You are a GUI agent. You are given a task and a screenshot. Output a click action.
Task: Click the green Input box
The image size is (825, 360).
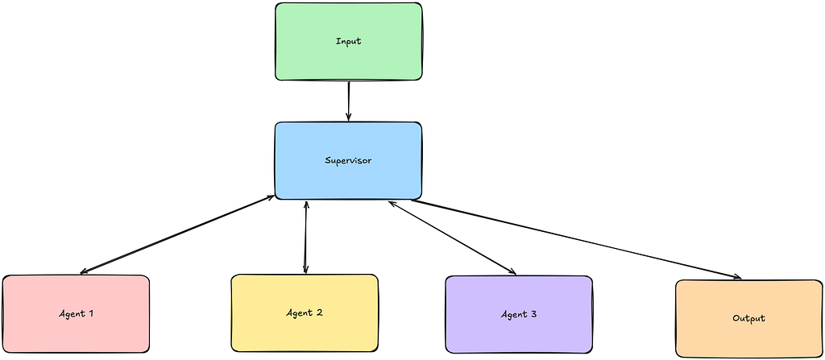coord(348,42)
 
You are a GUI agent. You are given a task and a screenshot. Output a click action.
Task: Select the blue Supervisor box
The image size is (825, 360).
coord(348,160)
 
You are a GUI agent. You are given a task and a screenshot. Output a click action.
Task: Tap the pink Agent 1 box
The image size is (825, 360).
coord(77,313)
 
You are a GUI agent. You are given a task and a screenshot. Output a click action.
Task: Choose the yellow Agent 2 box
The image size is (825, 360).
coord(305,312)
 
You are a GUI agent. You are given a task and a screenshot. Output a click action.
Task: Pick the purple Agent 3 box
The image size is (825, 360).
coord(519,315)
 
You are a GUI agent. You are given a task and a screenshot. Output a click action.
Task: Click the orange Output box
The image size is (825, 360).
coord(748,318)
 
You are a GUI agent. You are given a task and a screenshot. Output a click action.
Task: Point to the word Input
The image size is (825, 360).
coord(348,42)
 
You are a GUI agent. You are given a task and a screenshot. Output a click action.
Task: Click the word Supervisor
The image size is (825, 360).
coord(348,160)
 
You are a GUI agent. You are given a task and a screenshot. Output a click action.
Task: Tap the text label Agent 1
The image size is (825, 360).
coord(77,313)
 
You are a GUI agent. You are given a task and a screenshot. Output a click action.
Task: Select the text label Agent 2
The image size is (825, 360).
coord(305,312)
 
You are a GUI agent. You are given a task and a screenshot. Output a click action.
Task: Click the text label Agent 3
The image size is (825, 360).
coord(519,315)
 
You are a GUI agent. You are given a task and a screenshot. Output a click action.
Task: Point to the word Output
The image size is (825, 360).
coord(748,318)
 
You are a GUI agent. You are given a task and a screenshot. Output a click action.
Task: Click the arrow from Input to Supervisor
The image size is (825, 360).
coord(348,101)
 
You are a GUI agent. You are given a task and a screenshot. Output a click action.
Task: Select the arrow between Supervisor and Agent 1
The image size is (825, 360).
coord(177,234)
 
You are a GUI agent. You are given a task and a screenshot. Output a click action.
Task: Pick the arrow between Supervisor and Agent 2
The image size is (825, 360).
coord(305,237)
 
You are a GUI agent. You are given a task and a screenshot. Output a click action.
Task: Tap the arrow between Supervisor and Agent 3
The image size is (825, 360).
coord(453,238)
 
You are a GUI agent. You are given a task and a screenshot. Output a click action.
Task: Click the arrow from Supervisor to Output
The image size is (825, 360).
coord(576,239)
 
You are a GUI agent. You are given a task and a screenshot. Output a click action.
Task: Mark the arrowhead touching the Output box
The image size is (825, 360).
coord(738,277)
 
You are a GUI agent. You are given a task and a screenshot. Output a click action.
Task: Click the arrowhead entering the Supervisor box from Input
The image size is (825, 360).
coord(348,118)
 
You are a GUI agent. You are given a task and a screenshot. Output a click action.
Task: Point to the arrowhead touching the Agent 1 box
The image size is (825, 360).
coord(83,271)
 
